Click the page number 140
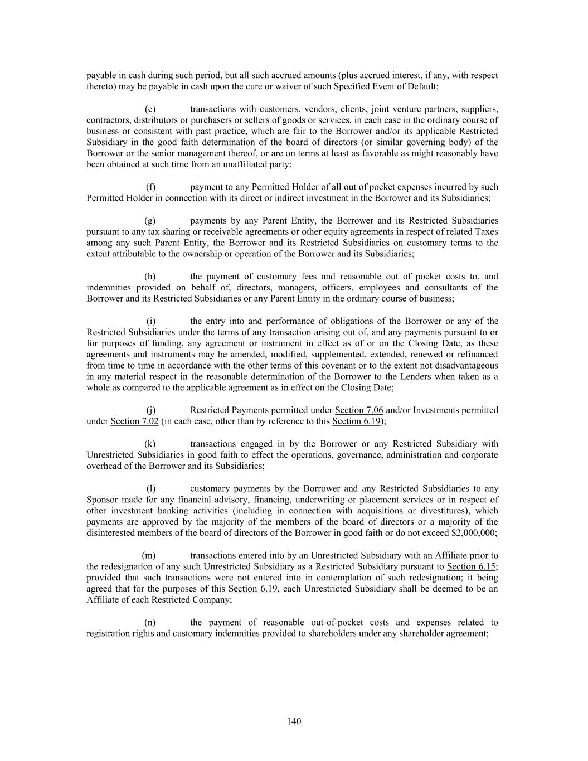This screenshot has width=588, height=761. [x=294, y=721]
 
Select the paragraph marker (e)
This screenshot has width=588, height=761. [x=150, y=109]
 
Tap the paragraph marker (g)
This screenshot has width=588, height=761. [x=150, y=221]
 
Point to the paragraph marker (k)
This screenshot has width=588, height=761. [x=150, y=444]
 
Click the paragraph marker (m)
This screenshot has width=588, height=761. [x=149, y=555]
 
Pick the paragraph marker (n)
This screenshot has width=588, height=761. [x=150, y=622]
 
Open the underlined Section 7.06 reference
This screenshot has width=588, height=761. [x=359, y=410]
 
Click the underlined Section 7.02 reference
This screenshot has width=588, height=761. [x=135, y=421]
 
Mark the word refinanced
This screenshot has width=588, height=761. [x=479, y=355]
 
